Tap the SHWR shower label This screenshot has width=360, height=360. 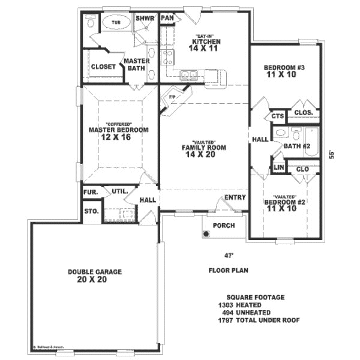coord(145,19)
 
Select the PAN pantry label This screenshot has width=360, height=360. coord(167,18)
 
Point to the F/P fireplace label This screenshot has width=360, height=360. coord(172,97)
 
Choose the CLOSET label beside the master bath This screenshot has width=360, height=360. coord(103,67)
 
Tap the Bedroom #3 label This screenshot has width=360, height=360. coord(285,68)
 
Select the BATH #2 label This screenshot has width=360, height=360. coord(296,146)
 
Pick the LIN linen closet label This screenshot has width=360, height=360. coord(278,168)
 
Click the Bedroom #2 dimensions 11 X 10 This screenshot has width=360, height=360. coord(282,209)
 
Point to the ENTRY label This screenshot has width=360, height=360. coord(234,197)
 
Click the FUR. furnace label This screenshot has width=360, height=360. coord(91,193)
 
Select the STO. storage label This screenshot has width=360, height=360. coord(91,211)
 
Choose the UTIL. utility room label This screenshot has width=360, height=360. coord(119,191)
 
